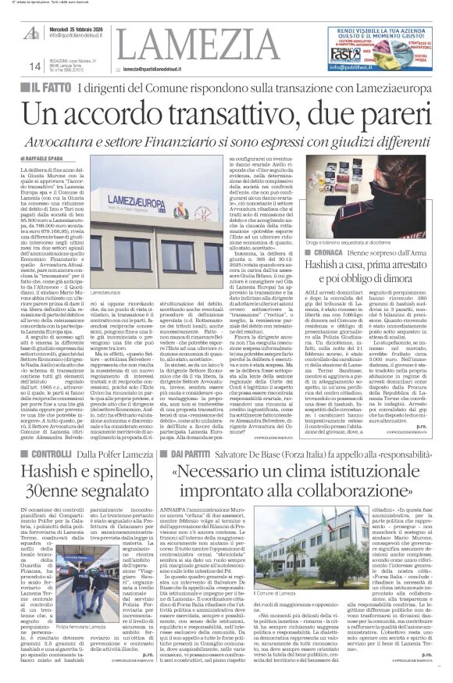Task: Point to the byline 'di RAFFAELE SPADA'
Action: click(x=48, y=156)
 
